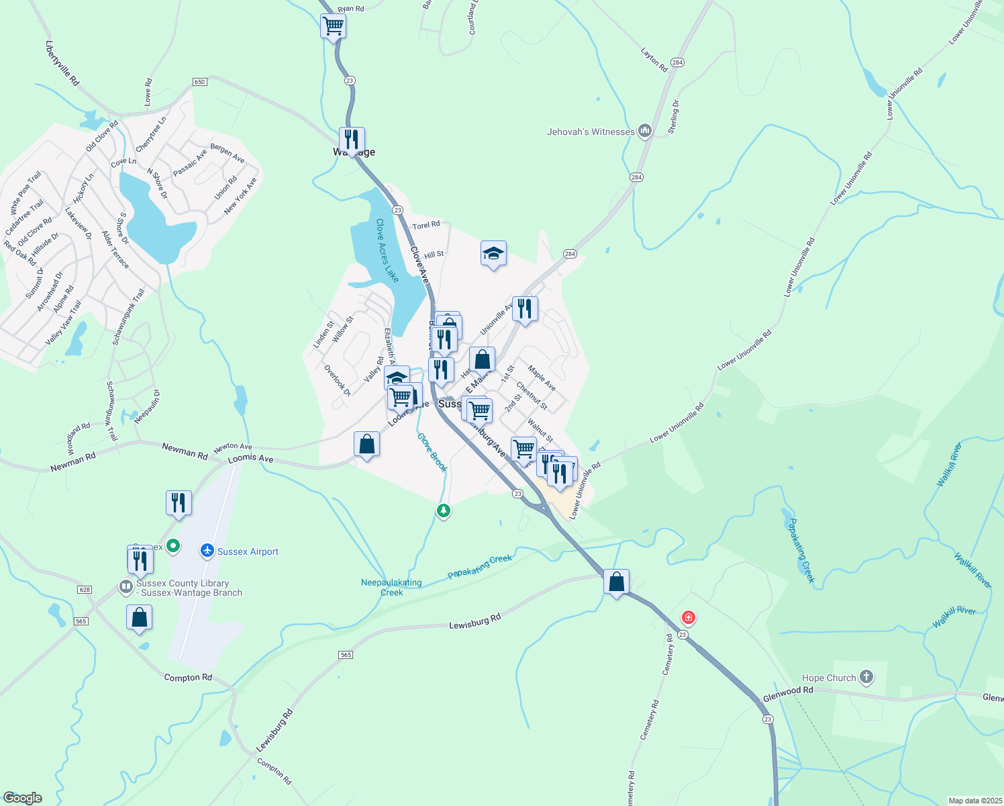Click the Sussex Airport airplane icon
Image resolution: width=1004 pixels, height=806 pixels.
(207, 551)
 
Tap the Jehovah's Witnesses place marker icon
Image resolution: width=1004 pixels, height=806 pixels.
(645, 131)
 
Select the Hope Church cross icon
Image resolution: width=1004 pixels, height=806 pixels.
(866, 677)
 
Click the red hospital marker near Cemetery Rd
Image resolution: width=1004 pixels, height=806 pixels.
(688, 617)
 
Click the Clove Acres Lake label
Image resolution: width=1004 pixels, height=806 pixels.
(387, 250)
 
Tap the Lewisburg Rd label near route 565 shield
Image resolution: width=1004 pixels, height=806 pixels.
(474, 621)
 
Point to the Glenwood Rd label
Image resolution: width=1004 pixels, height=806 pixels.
(788, 695)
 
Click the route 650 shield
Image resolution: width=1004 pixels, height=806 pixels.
(199, 82)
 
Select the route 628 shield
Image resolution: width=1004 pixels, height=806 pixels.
(84, 590)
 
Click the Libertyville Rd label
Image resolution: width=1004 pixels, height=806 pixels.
(62, 63)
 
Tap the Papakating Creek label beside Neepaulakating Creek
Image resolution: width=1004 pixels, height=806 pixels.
(479, 566)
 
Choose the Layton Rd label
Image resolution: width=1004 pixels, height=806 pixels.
(654, 60)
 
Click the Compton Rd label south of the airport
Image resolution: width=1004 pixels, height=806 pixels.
(188, 678)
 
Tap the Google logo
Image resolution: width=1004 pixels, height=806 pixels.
(22, 798)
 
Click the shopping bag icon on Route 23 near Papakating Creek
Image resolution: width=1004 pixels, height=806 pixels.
(616, 582)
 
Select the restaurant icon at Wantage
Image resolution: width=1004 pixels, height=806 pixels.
(352, 140)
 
